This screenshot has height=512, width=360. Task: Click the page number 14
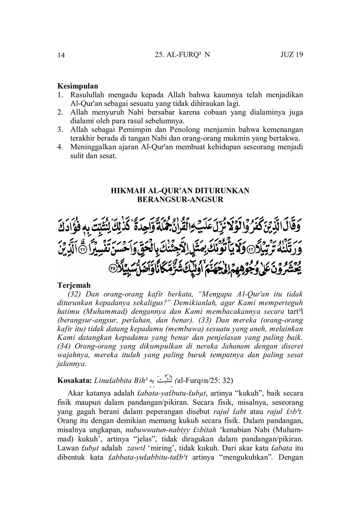coord(61,55)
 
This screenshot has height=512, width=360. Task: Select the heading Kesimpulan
coord(78,86)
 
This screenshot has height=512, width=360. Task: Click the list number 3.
coord(60,129)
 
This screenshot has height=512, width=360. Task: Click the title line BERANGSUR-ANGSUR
coord(180,200)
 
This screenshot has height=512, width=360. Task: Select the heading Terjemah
coord(74,285)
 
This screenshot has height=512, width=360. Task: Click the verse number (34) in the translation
coord(64,346)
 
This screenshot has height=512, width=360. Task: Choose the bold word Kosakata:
coord(74,380)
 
